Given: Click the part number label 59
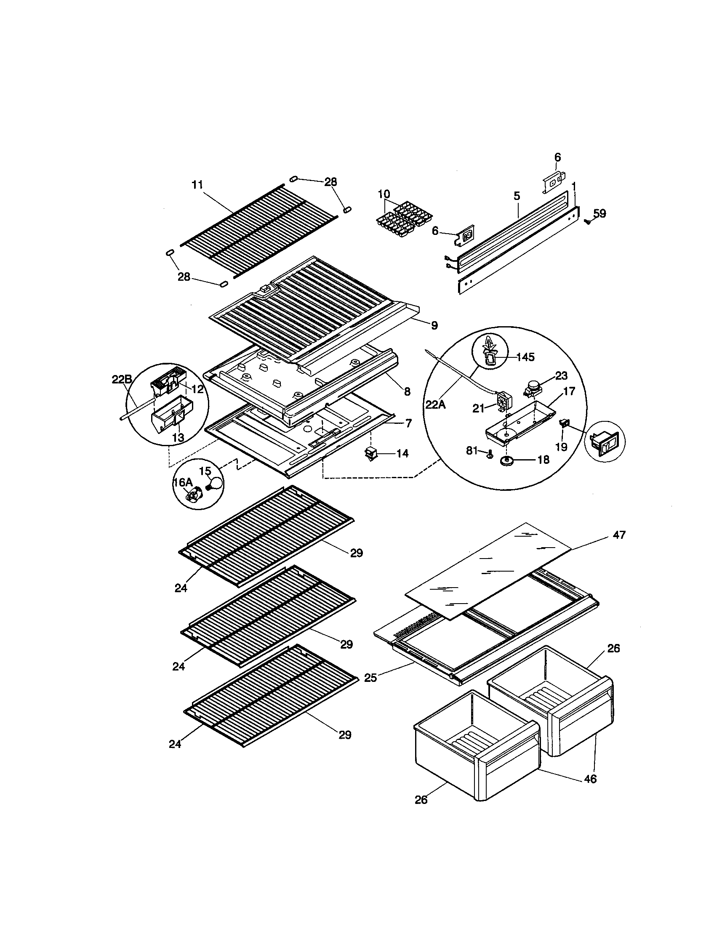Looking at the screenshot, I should (599, 213).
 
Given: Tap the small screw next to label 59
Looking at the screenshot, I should (587, 221).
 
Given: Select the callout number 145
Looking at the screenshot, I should (525, 357).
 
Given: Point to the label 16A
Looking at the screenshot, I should (183, 482).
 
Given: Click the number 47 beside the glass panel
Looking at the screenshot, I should (619, 535).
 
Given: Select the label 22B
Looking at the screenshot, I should (122, 380).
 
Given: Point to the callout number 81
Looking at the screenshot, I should (472, 450).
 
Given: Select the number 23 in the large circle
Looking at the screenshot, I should (561, 375).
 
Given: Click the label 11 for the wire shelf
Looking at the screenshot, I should (197, 185).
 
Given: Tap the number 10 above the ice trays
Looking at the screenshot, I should (384, 194).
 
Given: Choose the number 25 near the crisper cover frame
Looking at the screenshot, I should (370, 678).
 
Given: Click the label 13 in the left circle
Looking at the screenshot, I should (178, 437).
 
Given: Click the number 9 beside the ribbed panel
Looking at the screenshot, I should (434, 325).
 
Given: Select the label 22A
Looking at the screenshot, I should (436, 404).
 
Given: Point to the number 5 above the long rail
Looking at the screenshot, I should (517, 196).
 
